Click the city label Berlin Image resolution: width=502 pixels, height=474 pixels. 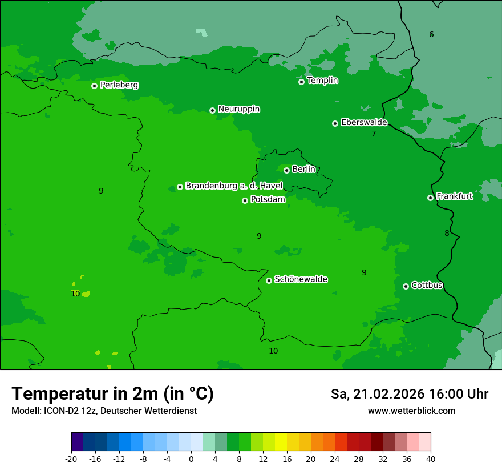(303, 170)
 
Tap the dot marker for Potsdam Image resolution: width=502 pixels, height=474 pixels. (245, 200)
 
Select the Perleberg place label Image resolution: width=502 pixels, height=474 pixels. (119, 85)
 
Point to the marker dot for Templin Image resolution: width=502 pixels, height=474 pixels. (301, 82)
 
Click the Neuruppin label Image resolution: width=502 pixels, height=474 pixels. (238, 109)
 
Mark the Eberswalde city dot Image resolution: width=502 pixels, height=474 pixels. (335, 123)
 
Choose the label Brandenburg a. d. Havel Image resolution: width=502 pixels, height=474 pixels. (234, 186)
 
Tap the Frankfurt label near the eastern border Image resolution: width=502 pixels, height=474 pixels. (454, 196)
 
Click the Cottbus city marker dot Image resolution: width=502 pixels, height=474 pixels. (406, 286)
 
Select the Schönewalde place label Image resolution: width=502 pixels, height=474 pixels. (301, 279)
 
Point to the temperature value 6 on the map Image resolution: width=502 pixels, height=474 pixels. (431, 35)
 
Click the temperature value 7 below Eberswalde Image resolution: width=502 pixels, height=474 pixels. (374, 134)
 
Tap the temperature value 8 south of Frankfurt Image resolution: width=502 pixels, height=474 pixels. (447, 233)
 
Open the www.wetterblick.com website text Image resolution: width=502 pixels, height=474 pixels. (411, 411)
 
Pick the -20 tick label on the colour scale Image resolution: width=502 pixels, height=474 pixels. (71, 459)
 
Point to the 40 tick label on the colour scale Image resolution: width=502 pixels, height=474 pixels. (431, 459)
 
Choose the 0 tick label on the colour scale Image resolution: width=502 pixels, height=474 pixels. (191, 459)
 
